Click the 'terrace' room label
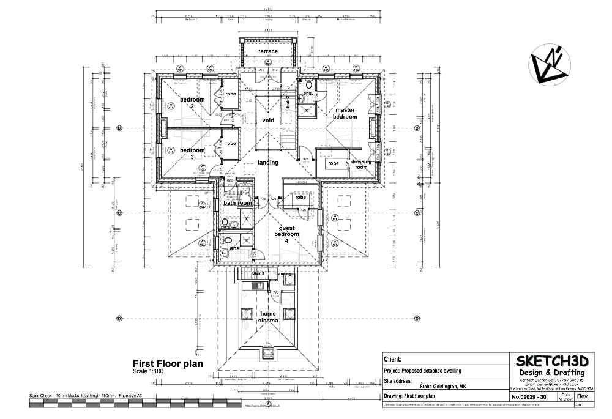pyautogui.click(x=267, y=51)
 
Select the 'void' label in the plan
pyautogui.click(x=268, y=121)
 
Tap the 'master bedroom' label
pyautogui.click(x=345, y=113)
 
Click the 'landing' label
pyautogui.click(x=268, y=163)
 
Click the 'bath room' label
pyautogui.click(x=237, y=203)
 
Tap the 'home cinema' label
pyautogui.click(x=268, y=317)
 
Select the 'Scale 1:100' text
pyautogui.click(x=148, y=371)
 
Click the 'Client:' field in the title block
pyautogui.click(x=393, y=360)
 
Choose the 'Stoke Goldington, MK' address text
pyautogui.click(x=443, y=387)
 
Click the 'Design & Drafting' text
pyautogui.click(x=551, y=373)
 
